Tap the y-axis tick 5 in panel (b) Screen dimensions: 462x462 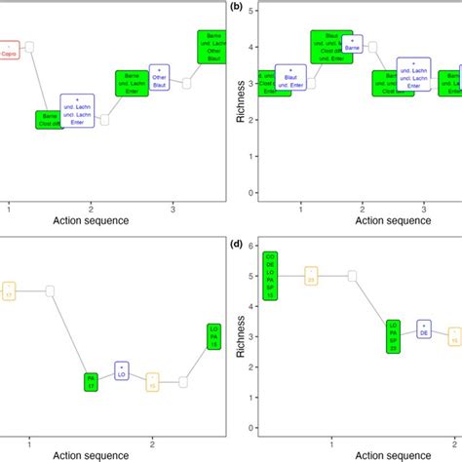point(252,12)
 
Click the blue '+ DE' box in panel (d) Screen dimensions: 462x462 point(424,329)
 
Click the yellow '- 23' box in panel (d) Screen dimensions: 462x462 point(311,276)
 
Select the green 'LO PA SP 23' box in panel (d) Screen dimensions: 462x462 point(393,336)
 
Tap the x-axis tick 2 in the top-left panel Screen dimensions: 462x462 point(91,208)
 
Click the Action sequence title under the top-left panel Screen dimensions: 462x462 point(91,220)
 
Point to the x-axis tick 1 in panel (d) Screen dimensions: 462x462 point(332,444)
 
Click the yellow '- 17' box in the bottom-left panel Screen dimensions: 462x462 point(7,290)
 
